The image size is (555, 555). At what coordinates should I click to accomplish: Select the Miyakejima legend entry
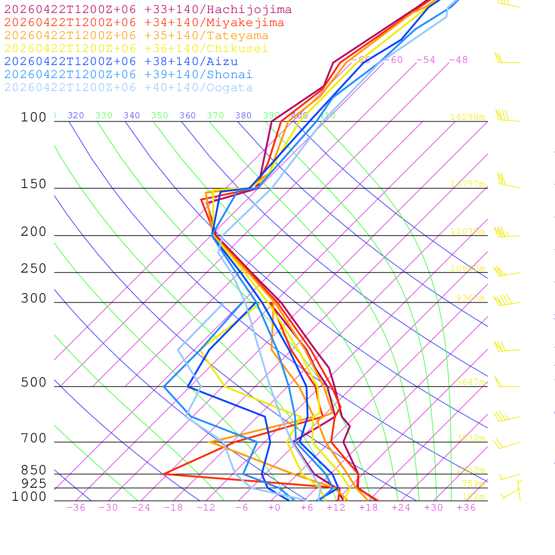coord(144,23)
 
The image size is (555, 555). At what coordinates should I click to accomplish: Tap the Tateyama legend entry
coord(136,36)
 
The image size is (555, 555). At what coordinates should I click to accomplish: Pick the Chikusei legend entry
coord(136,49)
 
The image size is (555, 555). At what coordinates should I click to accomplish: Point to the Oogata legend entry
coord(128,88)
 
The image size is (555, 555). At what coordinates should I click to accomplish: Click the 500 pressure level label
coord(34,383)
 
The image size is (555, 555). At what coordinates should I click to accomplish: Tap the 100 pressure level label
coord(34,118)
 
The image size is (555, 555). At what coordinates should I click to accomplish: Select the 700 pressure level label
coord(34,438)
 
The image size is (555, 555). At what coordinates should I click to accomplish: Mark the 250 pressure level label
coord(34,269)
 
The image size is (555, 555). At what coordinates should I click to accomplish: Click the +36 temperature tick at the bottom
coord(466,507)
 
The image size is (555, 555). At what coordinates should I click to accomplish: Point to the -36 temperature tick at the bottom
coord(76,507)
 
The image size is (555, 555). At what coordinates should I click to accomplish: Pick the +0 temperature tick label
coord(274,507)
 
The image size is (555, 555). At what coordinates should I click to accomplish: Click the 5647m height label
coord(470,382)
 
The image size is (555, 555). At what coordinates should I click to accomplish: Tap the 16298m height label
coord(468,117)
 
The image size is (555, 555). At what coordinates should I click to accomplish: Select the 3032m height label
coord(470,438)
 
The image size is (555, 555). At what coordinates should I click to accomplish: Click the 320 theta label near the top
coord(76,115)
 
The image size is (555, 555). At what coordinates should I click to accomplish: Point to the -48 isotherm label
coord(458,60)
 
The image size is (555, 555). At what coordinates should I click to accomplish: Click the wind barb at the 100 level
coord(504,117)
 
